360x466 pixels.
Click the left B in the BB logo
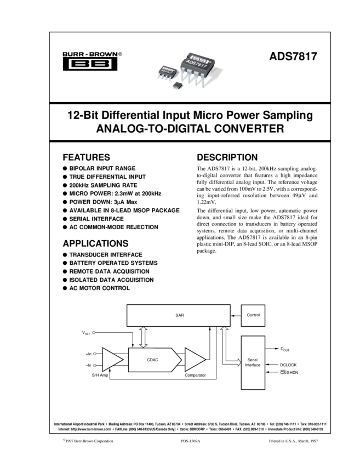[79, 64]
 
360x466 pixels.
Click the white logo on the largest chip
[200, 58]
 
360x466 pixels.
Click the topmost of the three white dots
[94, 333]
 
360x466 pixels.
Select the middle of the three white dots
[95, 354]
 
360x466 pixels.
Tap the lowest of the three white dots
[95, 365]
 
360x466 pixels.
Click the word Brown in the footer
[88, 441]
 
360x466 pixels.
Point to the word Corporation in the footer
[104, 441]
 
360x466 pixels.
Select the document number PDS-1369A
[191, 441]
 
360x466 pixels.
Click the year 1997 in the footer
[316, 441]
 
